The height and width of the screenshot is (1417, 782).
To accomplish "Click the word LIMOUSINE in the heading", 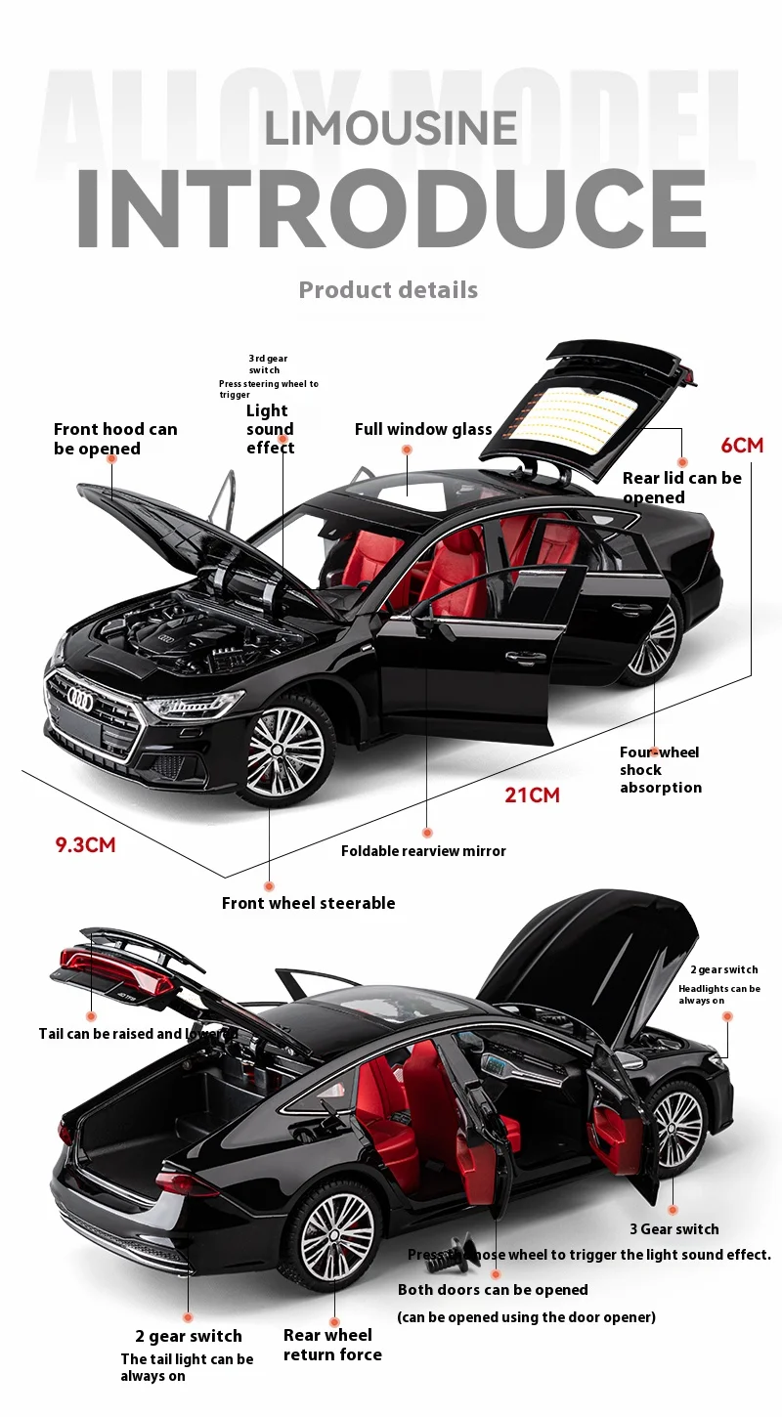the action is pos(391,128).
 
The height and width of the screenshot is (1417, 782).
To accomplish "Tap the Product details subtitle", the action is pos(388,290).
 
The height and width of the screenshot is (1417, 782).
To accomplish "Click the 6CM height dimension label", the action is pos(742,446).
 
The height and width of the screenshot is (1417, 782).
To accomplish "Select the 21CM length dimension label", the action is pos(532,795).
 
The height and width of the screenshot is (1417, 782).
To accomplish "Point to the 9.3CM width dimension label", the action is pos(85,844).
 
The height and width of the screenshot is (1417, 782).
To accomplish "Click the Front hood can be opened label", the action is pos(115,439).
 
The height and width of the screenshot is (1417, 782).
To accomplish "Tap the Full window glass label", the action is pos(423,429).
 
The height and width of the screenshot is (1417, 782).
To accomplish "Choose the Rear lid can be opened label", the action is pos(681,488).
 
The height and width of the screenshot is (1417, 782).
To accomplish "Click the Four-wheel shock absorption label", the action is pos(660,770).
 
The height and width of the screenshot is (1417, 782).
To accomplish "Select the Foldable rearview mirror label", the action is pos(423,851).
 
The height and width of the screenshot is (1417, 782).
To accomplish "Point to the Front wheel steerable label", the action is pos(308,903).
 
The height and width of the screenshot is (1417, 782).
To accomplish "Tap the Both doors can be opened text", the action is pos(493,1290).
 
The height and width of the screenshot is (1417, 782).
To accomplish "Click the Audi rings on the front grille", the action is pos(80,700).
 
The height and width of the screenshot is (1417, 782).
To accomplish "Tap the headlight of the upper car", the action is pos(193,707).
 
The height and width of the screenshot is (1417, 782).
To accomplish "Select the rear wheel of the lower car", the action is pos(336,1235).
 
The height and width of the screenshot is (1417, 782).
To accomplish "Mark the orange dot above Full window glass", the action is pos(407,450).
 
